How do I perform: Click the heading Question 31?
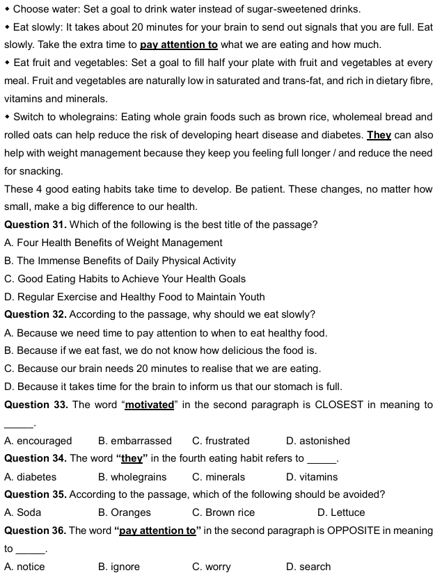[35, 225]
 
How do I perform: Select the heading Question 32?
[35, 314]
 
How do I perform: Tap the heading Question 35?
[35, 494]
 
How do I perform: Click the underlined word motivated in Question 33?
[149, 405]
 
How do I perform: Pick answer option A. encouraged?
[38, 441]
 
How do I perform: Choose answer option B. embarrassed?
[135, 441]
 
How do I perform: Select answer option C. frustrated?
[221, 441]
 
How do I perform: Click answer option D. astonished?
[318, 441]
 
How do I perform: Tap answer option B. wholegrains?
[133, 477]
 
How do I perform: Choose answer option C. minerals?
[219, 477]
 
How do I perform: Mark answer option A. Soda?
[23, 512]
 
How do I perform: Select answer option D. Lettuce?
[341, 512]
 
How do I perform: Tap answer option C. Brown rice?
[223, 512]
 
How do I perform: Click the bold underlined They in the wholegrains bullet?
[379, 135]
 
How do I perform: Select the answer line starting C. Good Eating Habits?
[125, 279]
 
